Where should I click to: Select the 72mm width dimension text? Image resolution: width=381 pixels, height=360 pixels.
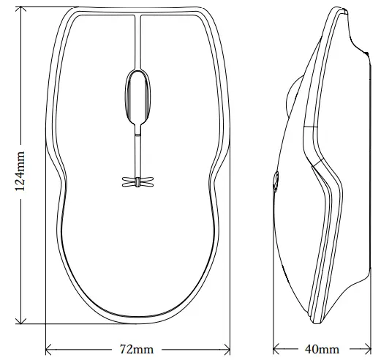coord(135,348)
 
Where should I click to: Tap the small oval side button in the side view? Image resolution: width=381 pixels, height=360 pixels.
coord(276,181)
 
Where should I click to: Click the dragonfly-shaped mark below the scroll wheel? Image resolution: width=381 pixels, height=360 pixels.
coord(137,181)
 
